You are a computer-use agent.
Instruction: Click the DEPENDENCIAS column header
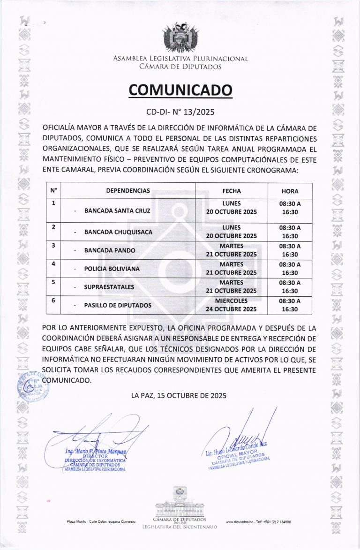pos(128,191)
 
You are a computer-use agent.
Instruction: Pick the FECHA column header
pos(232,191)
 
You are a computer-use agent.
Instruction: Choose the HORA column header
pos(290,191)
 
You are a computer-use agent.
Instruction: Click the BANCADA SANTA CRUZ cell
pos(117,211)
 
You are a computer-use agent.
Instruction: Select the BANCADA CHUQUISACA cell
pos(118,232)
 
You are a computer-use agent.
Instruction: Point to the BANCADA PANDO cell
pos(109,250)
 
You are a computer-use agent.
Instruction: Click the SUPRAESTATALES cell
pos(109,286)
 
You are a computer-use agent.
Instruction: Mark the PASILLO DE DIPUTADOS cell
pos(118,305)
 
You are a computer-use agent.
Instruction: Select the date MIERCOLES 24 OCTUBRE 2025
pos(232,305)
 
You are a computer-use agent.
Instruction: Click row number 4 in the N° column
pos(53,264)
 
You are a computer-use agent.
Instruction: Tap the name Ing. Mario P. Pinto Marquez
pos(96,451)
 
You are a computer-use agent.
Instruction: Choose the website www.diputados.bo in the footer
pos(240,521)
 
